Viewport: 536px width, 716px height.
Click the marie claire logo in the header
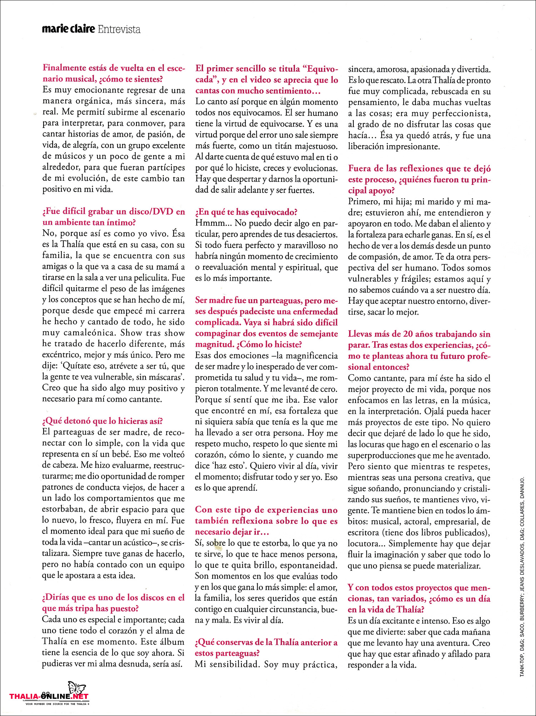pyautogui.click(x=68, y=29)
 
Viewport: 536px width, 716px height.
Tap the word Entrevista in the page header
pyautogui.click(x=119, y=29)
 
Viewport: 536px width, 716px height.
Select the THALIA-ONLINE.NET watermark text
pyautogui.click(x=49, y=696)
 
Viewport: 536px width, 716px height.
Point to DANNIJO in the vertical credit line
pyautogui.click(x=522, y=487)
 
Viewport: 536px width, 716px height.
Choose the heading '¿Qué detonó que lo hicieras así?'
pyautogui.click(x=102, y=421)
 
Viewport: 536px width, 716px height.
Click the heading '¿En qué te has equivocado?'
pyautogui.click(x=246, y=212)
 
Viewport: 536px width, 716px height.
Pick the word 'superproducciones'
pyautogui.click(x=383, y=455)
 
